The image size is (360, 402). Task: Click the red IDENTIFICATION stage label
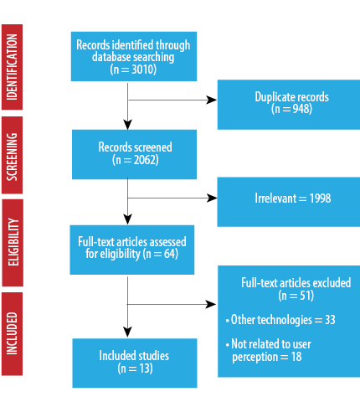12,67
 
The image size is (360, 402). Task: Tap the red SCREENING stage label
12,155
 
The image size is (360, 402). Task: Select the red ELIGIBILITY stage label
13,243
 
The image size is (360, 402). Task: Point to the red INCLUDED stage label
12,334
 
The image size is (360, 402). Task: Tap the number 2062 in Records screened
145,160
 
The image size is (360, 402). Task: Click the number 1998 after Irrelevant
320,198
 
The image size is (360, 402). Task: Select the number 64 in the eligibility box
169,254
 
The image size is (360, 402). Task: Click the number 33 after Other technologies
330,320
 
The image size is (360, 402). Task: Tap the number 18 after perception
296,357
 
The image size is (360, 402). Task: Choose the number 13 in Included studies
144,368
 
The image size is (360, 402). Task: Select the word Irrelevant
275,198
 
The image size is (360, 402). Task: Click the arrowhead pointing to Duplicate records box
211,100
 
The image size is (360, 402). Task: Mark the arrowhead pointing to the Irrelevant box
212,198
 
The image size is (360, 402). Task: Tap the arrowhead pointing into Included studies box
127,332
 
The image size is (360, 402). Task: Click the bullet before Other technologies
228,321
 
